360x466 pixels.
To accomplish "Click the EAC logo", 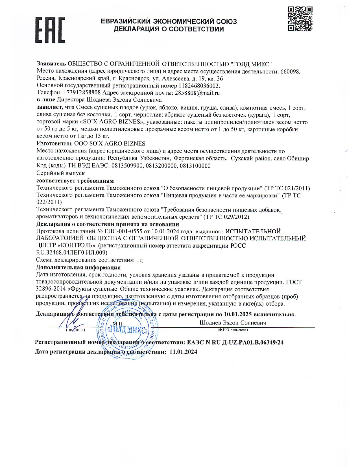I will (x=50, y=30).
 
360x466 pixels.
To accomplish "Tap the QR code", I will (x=300, y=19).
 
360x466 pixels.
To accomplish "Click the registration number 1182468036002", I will (x=199, y=86).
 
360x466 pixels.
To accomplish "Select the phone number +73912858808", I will (x=82, y=93).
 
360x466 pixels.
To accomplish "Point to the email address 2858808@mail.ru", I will (x=197, y=93).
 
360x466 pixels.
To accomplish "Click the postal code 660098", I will (x=290, y=71).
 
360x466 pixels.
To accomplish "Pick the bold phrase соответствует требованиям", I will (x=75, y=180).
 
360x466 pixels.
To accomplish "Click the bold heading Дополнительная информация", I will (x=78, y=267).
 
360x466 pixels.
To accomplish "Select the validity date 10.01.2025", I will (x=237, y=314).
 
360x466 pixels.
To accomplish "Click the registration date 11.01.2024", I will (x=183, y=352).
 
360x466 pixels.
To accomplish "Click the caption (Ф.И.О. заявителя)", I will (x=232, y=330).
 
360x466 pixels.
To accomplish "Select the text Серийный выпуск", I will (x=60, y=173).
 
